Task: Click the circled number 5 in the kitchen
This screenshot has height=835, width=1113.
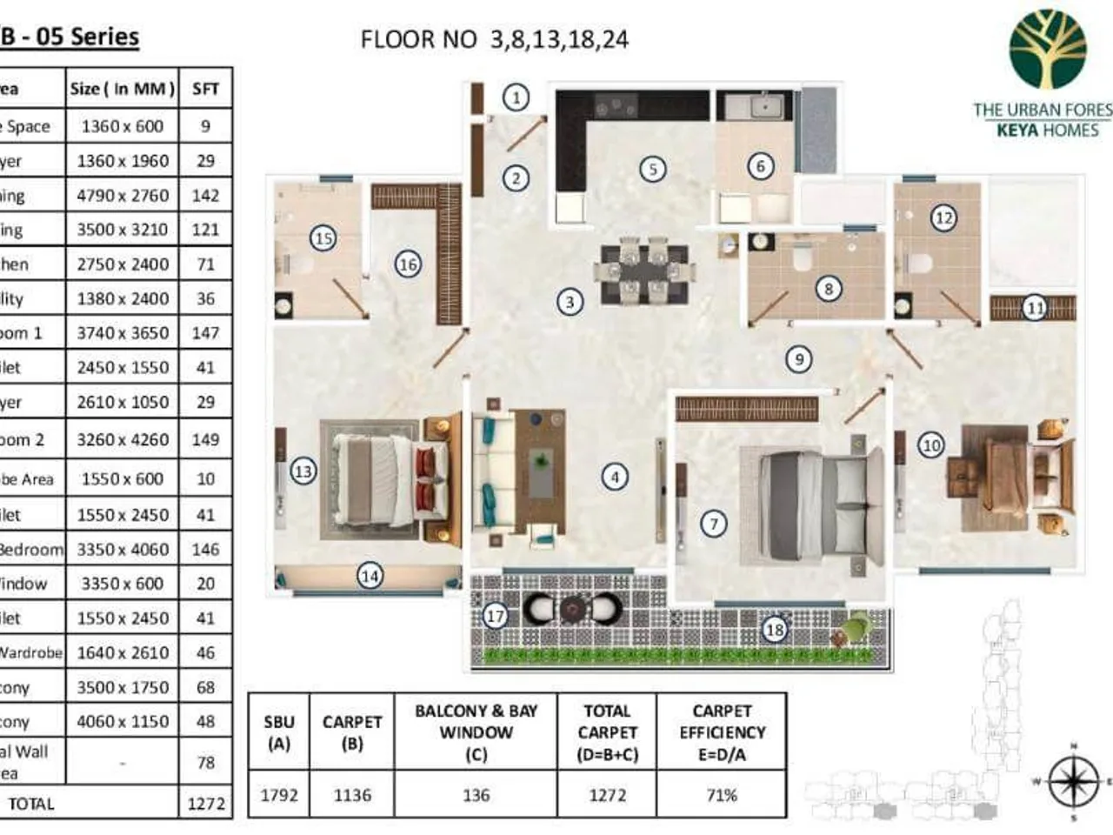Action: point(652,169)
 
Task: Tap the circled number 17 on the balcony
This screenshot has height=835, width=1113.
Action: point(495,616)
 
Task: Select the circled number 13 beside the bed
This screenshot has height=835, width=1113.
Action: point(302,471)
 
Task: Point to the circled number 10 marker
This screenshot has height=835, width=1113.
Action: point(930,445)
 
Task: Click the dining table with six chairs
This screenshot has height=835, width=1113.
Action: point(644,271)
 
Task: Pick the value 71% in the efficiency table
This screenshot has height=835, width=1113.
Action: point(721,794)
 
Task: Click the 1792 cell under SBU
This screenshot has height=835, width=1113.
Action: point(279,794)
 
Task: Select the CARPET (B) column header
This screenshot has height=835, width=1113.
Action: point(352,732)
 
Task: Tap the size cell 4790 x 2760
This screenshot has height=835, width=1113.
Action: point(123,195)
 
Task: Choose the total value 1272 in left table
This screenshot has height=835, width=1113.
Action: point(206,804)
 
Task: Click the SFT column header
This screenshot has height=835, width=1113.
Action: point(206,89)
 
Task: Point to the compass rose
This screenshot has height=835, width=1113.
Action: point(1073,780)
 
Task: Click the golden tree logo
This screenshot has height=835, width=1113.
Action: point(1047,50)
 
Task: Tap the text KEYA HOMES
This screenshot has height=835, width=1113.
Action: point(1047,130)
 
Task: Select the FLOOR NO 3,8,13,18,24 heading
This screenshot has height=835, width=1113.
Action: point(494,39)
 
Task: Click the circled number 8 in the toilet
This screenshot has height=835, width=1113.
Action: point(828,289)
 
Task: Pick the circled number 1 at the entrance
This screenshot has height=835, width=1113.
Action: point(517,97)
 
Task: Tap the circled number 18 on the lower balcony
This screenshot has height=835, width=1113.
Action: point(774,629)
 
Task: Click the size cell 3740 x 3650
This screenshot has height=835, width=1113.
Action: point(123,333)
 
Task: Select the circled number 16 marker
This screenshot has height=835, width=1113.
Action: point(407,264)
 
